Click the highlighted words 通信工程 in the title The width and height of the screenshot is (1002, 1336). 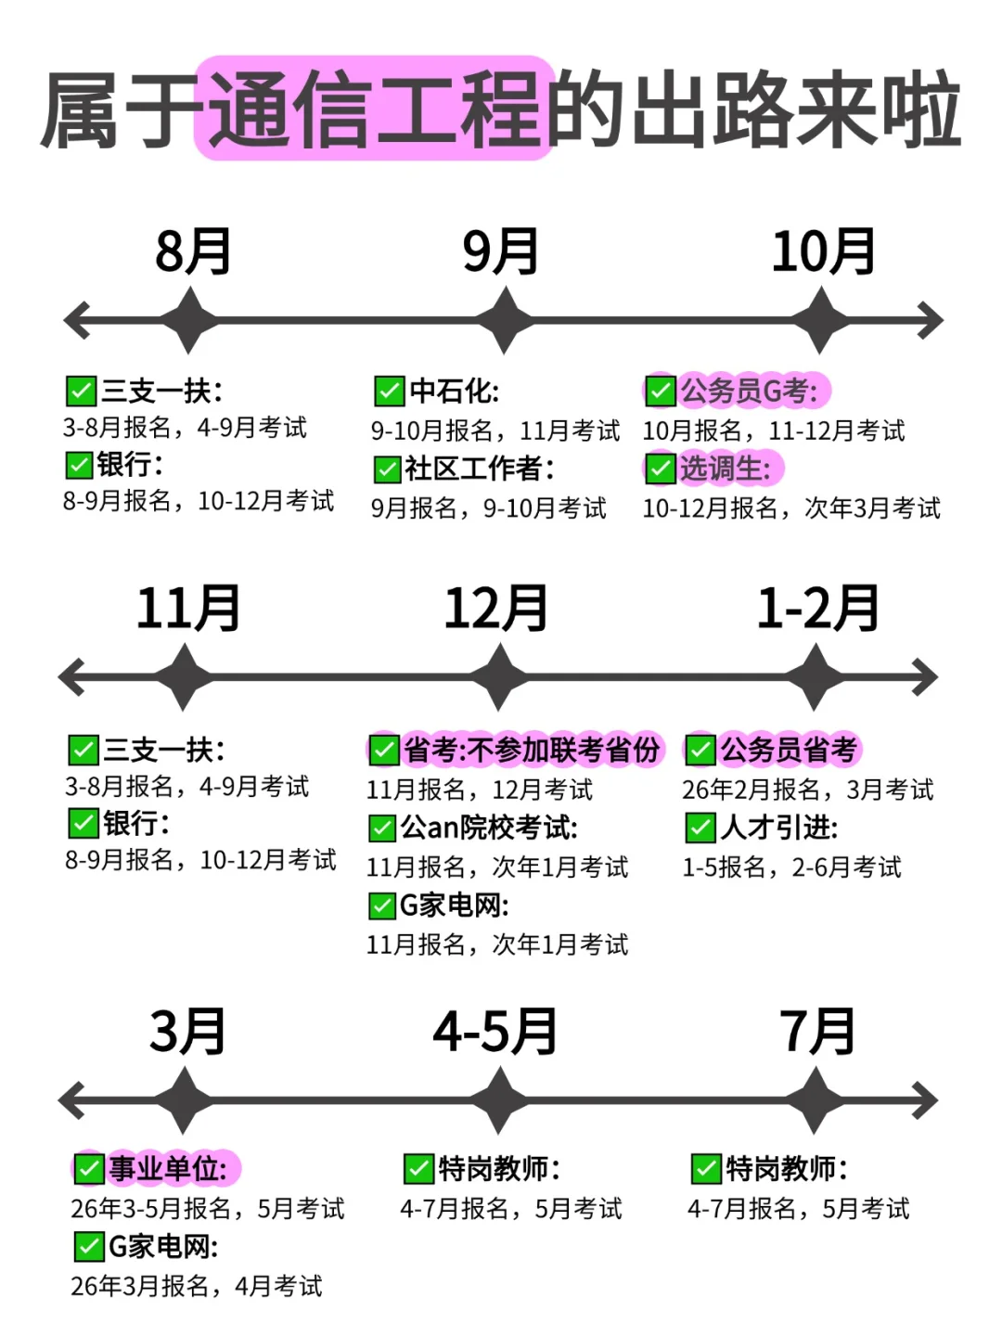[375, 109]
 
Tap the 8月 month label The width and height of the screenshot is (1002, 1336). [193, 251]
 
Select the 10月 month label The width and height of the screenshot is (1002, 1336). [824, 251]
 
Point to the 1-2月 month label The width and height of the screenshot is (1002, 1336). [818, 609]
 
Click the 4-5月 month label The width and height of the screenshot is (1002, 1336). [495, 1032]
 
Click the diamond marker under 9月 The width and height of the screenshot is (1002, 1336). [505, 321]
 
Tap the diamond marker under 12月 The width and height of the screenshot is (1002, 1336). [500, 678]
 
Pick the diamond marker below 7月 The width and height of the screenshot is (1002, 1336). [816, 1101]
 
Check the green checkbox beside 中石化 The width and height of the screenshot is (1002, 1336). [389, 392]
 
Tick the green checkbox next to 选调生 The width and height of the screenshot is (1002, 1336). [661, 469]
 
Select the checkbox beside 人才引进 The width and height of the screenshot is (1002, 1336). [700, 827]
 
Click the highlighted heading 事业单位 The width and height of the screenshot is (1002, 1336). [168, 1168]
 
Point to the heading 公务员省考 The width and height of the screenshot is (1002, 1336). [789, 750]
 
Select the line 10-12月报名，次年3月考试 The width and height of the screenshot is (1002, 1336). [791, 508]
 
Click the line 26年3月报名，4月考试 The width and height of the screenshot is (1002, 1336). [197, 1286]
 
